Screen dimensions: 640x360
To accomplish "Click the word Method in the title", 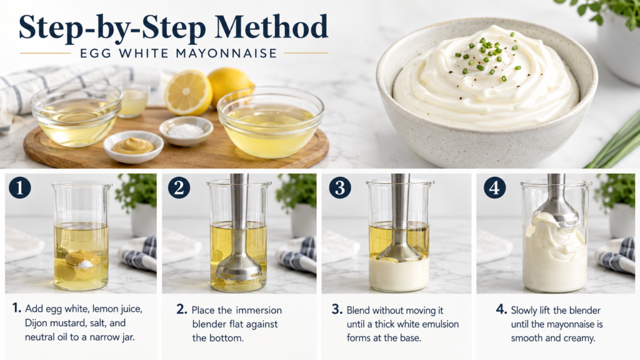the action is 271,27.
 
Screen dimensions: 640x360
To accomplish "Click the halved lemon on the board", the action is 188,92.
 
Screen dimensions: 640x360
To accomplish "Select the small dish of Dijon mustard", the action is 133,146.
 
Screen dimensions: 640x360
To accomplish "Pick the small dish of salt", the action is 186,131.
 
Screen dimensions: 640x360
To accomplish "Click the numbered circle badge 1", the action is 19,187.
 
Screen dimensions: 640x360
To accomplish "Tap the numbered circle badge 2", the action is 179,187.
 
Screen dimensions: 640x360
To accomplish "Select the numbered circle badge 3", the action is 340,187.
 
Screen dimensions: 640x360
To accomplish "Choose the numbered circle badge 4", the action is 495,187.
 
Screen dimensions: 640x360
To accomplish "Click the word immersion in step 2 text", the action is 258,310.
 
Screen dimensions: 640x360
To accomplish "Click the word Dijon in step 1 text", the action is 36,323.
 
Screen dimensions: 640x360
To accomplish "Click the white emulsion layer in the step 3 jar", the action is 399,274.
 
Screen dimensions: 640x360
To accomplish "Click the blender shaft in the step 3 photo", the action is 401,208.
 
